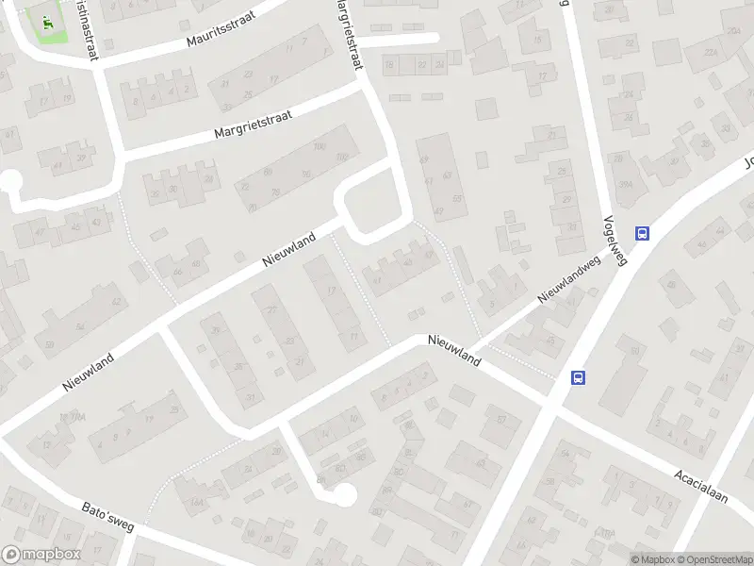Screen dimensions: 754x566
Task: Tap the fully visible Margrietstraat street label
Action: tap(253, 125)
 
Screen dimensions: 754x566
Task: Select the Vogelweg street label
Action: tap(614, 237)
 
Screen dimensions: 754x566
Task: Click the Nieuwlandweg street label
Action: tap(568, 281)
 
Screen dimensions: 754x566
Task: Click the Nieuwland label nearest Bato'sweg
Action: tap(89, 369)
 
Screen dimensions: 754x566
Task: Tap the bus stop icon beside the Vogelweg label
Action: tap(643, 234)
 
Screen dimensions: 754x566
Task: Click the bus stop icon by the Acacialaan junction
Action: tap(578, 377)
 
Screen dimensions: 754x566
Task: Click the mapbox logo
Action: tap(41, 555)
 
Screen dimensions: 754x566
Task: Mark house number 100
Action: tap(319, 146)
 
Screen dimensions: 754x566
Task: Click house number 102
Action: tap(341, 157)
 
